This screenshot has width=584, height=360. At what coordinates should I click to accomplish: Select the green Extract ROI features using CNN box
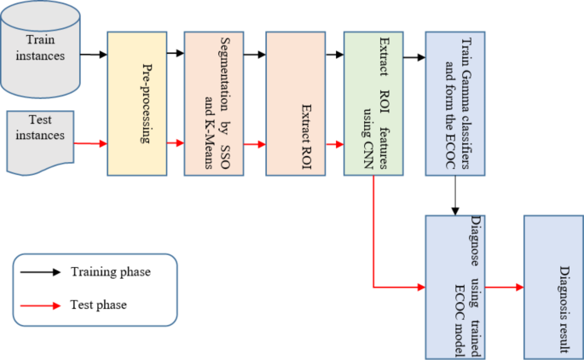coord(373,103)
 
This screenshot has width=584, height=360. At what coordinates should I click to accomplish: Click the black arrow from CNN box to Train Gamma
coord(413,58)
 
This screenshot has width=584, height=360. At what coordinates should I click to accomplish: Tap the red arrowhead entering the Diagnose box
coord(419,287)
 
